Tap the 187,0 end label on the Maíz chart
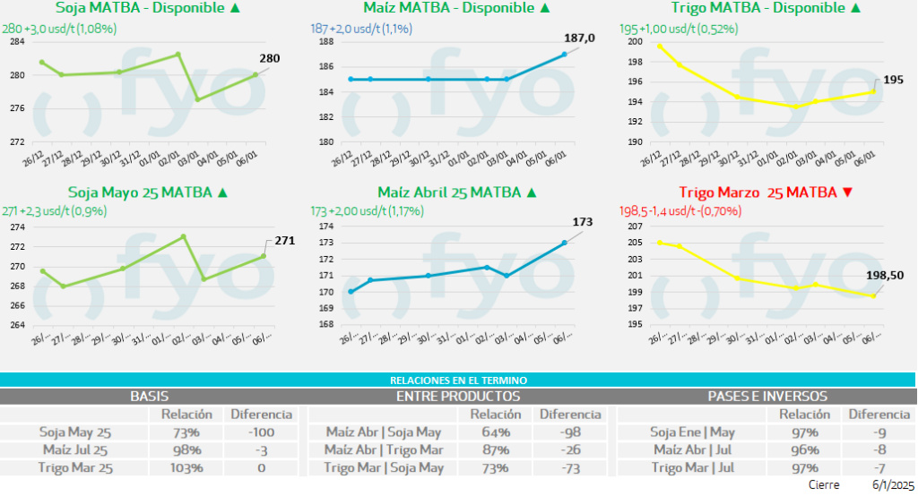click(579, 38)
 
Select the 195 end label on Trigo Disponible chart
click(894, 80)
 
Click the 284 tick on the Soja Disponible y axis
click(15, 42)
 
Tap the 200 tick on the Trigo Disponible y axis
click(636, 42)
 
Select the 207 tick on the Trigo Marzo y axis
click(636, 227)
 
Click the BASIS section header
click(150, 396)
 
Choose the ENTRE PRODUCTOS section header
click(457, 396)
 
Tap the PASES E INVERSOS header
click(767, 396)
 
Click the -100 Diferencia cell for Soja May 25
click(261, 432)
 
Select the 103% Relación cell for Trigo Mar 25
click(186, 467)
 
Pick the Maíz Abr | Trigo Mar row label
click(384, 449)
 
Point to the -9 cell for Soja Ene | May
click(879, 432)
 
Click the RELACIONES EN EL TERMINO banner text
click(458, 381)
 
